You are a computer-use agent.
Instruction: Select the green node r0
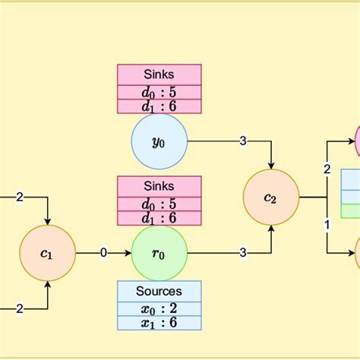coord(159,253)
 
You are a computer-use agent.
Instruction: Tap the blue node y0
coord(159,141)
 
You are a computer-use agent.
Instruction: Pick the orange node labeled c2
coord(271,197)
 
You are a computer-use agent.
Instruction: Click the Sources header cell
coord(159,291)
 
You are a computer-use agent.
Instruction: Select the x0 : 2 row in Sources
coord(159,308)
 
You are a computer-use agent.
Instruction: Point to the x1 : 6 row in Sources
coord(159,322)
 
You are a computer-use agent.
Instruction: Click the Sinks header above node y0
coord(159,74)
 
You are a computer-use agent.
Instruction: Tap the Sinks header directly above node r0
coord(159,186)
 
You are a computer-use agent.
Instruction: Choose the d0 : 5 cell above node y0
coord(159,93)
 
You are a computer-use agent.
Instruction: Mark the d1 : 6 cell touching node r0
coord(159,218)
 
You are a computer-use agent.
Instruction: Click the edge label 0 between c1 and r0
coord(103,253)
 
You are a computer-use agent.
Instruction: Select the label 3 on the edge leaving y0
coord(243,141)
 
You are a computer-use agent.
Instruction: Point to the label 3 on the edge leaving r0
coord(243,253)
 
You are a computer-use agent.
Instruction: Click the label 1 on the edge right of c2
coord(327,225)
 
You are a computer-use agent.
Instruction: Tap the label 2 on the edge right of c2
coord(327,169)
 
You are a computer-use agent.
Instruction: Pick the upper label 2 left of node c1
coord(20,197)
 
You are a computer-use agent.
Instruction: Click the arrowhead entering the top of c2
coord(271,165)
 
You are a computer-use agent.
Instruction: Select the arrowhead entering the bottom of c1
coord(48,286)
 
